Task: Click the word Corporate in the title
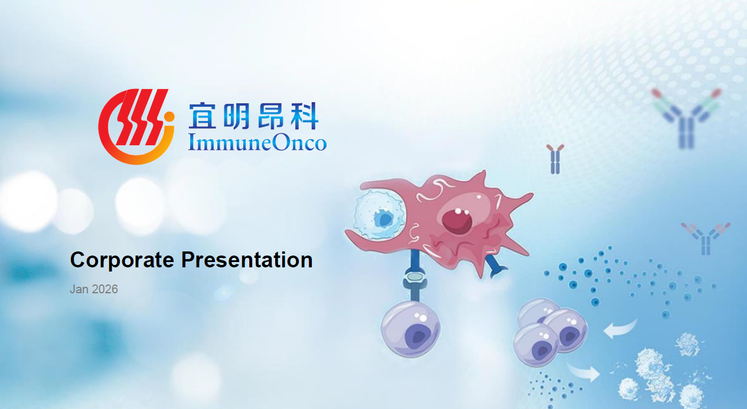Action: (x=122, y=260)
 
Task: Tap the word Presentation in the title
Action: (x=247, y=260)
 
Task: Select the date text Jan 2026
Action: (x=94, y=289)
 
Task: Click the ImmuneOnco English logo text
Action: (x=257, y=142)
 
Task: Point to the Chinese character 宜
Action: (x=202, y=116)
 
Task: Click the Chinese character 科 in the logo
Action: (x=304, y=116)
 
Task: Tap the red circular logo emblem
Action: (x=136, y=127)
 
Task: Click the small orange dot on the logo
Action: (x=169, y=116)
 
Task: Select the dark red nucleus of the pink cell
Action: (x=457, y=221)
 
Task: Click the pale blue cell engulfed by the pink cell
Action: (x=380, y=215)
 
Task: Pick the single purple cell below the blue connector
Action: (x=410, y=329)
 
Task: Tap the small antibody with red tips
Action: (x=555, y=159)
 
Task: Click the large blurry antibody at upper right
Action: (x=686, y=118)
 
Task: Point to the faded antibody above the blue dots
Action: (x=706, y=238)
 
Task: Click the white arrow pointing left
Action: (x=620, y=328)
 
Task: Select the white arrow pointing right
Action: (x=583, y=371)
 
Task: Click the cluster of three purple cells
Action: (x=550, y=332)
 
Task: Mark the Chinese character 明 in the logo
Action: (x=236, y=116)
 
